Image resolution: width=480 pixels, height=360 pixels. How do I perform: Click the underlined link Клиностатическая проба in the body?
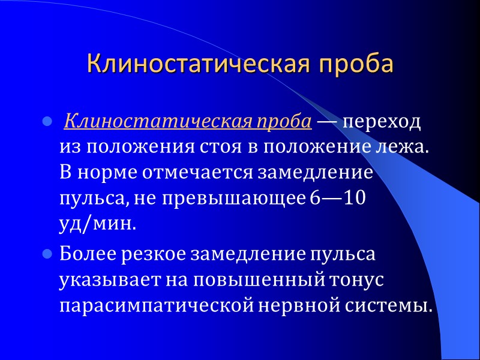click(187, 122)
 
